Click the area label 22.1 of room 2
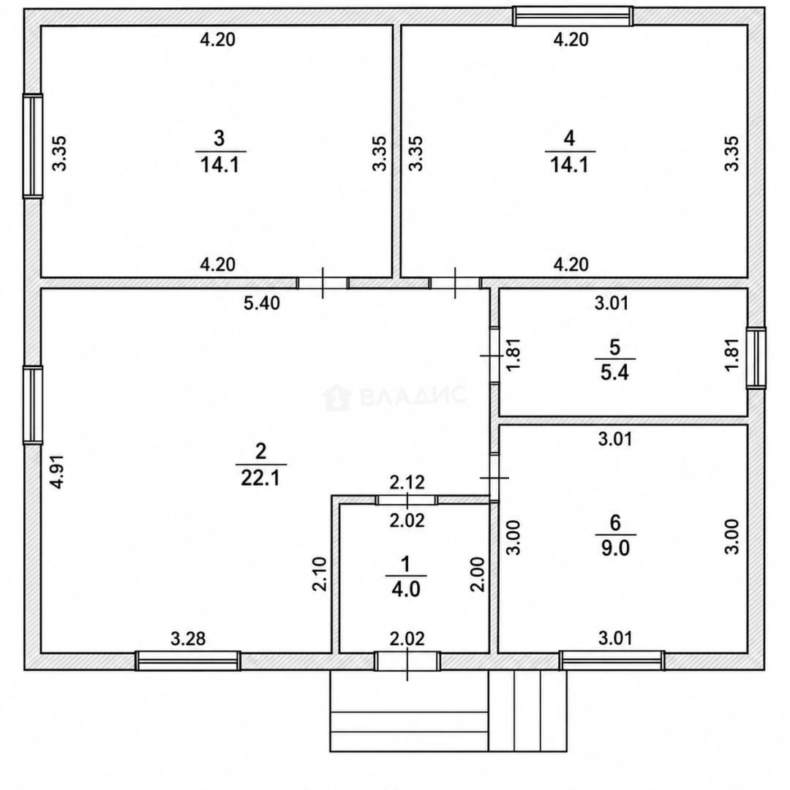[x=260, y=478]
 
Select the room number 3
[x=219, y=138]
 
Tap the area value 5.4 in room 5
[x=614, y=373]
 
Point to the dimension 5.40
[x=261, y=304]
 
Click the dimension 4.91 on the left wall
[x=59, y=472]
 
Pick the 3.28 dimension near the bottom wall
[x=189, y=639]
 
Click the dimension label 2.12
[x=407, y=483]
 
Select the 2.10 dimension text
[x=320, y=574]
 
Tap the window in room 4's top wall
[x=573, y=16]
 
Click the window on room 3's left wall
[x=33, y=146]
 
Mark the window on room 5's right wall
[x=756, y=358]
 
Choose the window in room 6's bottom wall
[x=612, y=661]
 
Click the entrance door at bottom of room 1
[x=407, y=661]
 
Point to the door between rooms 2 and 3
[x=323, y=283]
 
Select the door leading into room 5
[x=494, y=356]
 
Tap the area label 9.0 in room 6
[x=615, y=549]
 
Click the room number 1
[x=406, y=565]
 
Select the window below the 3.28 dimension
[x=188, y=661]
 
